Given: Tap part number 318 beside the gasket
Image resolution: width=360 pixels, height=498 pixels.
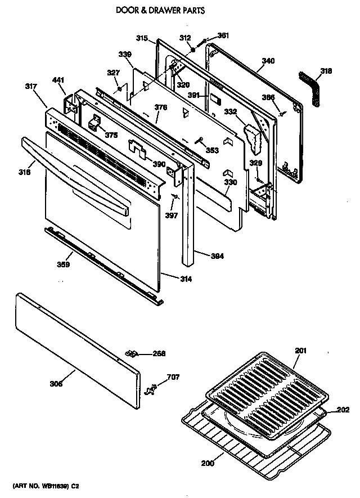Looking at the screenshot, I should click(x=326, y=71).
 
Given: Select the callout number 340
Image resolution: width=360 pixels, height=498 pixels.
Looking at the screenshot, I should click(x=268, y=61).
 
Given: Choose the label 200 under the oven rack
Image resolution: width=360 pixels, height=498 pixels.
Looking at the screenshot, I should click(x=207, y=465).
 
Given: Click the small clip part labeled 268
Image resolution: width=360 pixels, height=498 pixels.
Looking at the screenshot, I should click(x=133, y=353).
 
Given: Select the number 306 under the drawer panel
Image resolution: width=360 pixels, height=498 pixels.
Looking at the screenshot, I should click(x=56, y=384).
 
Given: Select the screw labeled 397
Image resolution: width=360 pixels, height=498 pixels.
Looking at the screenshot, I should click(x=175, y=196).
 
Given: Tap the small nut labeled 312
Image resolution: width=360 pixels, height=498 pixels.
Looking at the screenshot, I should click(x=193, y=50).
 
